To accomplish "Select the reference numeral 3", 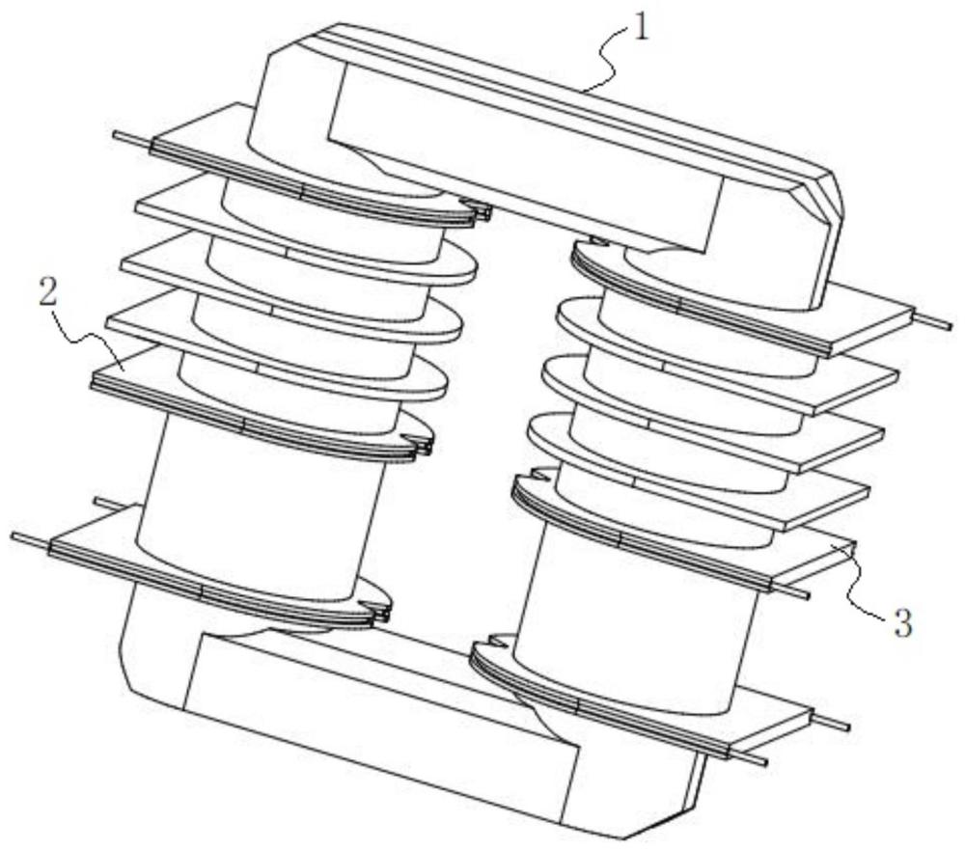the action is (901, 623).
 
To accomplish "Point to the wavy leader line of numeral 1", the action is (606, 62).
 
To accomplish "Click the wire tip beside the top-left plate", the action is (117, 135).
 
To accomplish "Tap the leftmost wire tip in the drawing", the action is (14, 536).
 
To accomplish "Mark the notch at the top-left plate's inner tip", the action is (477, 209).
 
